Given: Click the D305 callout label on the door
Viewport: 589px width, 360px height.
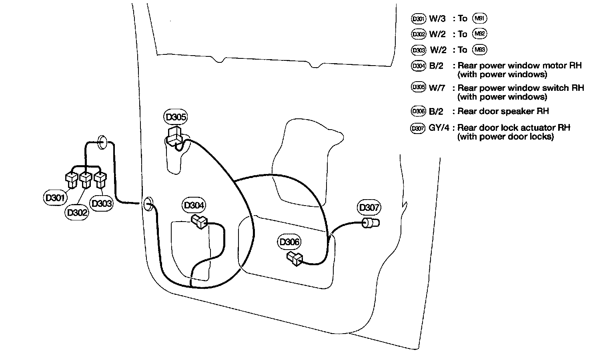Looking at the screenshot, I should pyautogui.click(x=176, y=117).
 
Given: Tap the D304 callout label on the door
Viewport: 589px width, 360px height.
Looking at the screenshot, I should pyautogui.click(x=194, y=206).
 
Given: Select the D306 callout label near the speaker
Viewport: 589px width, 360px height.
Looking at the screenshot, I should pyautogui.click(x=289, y=242).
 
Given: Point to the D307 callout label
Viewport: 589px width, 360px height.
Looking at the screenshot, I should pyautogui.click(x=369, y=208).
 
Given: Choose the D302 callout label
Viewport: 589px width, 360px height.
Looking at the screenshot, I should pyautogui.click(x=77, y=212).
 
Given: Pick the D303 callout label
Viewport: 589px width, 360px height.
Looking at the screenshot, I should pyautogui.click(x=102, y=204).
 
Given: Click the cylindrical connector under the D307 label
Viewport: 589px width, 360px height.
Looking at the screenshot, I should pyautogui.click(x=371, y=223).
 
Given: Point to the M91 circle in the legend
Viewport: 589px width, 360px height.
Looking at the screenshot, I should pyautogui.click(x=480, y=18).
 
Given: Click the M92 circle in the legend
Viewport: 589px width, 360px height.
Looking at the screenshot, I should pyautogui.click(x=479, y=34).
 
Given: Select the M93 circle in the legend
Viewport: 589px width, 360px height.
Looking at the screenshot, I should pyautogui.click(x=479, y=50).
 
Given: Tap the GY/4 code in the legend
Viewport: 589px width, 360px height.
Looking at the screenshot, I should pyautogui.click(x=439, y=128).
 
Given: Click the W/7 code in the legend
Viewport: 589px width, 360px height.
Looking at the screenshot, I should pyautogui.click(x=437, y=88).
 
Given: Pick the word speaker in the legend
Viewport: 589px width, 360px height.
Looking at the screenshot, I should pyautogui.click(x=521, y=111).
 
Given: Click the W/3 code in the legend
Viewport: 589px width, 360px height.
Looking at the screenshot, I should pyautogui.click(x=437, y=18).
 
